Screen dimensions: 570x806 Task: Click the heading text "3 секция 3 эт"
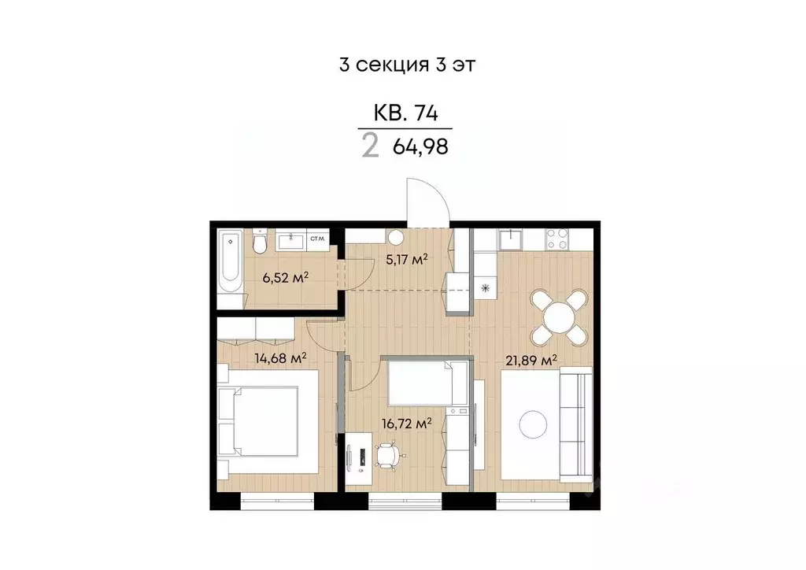click(x=406, y=65)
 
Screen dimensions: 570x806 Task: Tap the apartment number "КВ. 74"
click(x=405, y=113)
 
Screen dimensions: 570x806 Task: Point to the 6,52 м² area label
click(x=284, y=277)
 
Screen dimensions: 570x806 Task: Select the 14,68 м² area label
click(x=279, y=357)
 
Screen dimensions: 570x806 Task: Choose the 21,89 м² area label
click(x=531, y=359)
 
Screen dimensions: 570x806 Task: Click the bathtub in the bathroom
click(x=231, y=261)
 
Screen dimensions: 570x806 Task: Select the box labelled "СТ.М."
click(x=317, y=239)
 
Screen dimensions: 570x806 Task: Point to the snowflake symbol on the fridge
click(x=485, y=287)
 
